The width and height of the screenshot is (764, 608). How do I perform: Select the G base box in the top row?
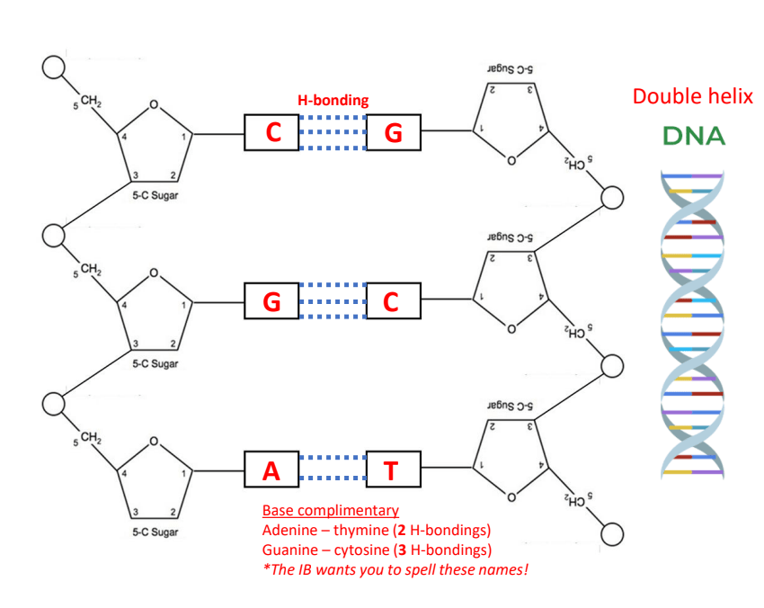coord(393,133)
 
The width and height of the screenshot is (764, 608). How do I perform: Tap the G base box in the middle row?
coord(271,301)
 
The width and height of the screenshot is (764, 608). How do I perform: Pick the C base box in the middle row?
coord(391,301)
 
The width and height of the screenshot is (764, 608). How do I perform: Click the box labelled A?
coord(271,469)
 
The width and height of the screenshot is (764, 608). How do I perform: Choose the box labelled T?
coord(391,469)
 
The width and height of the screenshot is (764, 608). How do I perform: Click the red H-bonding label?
coord(333,101)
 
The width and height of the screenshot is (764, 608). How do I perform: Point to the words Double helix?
coord(692,96)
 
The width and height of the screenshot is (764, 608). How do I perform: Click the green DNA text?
coord(693,137)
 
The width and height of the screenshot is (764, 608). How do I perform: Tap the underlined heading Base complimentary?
coord(330,510)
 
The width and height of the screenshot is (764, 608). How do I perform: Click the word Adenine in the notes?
coord(289,529)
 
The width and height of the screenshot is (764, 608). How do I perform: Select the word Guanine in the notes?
coord(289,549)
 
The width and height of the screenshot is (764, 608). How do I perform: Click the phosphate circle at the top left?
coord(55,67)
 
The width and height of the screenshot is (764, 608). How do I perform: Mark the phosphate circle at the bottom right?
coord(612,532)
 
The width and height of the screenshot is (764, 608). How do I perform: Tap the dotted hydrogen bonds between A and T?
coord(333,469)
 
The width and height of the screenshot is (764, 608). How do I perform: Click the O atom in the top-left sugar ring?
coord(154,105)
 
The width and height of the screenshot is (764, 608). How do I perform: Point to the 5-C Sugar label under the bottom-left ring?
coord(155,532)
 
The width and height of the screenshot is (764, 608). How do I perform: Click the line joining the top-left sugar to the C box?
coord(218,134)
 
